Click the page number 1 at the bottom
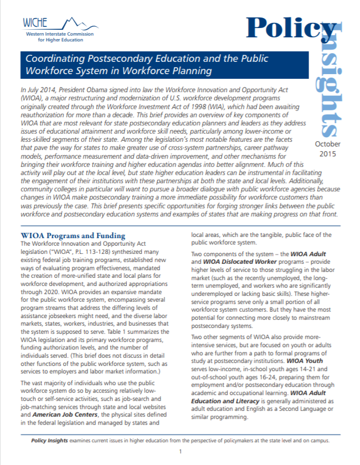click(x=181, y=452)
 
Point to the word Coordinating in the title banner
click(x=55, y=59)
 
